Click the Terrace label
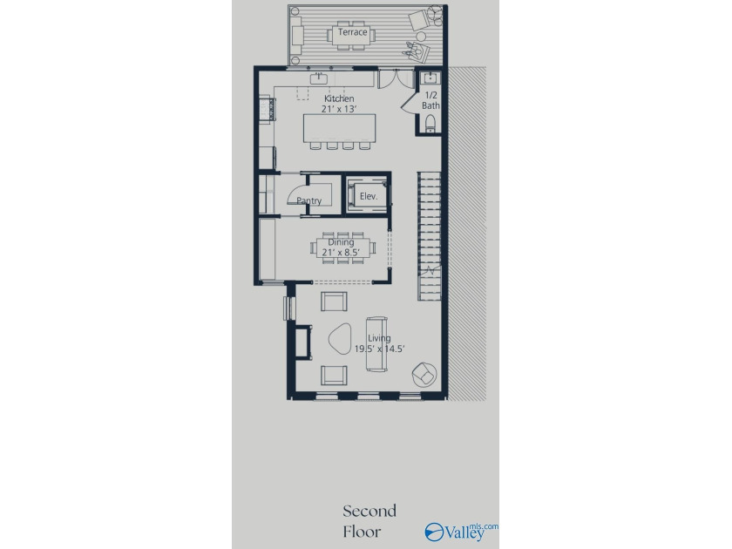click(x=352, y=32)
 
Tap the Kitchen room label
click(x=339, y=98)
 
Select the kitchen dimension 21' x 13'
click(x=339, y=109)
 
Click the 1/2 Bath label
click(x=430, y=100)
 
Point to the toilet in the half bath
click(x=430, y=123)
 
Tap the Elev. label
click(x=369, y=197)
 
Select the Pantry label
click(x=309, y=200)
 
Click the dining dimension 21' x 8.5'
click(x=341, y=253)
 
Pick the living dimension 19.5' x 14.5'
click(x=379, y=349)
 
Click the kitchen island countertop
click(x=339, y=128)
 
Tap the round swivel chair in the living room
click(x=424, y=375)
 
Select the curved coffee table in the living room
click(x=340, y=337)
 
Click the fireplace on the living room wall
click(x=303, y=342)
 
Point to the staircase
click(x=429, y=236)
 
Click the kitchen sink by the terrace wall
click(x=319, y=78)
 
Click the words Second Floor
click(x=369, y=521)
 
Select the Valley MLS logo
click(x=461, y=532)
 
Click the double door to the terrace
click(x=396, y=79)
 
